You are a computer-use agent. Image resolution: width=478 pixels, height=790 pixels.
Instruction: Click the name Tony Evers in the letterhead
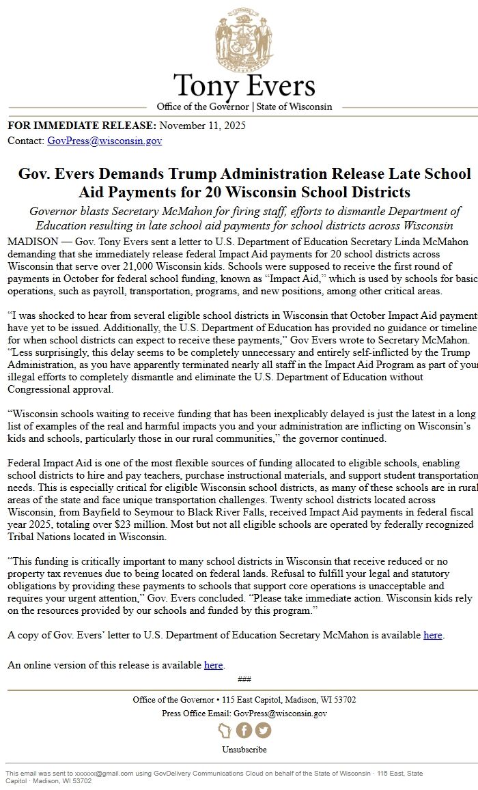(244, 87)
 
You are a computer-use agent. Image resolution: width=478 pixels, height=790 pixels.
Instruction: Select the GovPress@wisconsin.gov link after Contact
(104, 141)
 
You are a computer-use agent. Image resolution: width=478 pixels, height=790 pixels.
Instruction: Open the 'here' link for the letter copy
(433, 635)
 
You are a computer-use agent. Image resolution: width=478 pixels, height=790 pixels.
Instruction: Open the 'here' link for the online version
(213, 665)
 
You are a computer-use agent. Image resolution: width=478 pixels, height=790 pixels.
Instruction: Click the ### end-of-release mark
(244, 679)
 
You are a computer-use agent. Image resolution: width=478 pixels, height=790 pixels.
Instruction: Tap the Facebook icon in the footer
(244, 731)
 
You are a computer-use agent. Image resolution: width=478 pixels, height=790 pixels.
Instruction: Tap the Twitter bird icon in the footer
(263, 731)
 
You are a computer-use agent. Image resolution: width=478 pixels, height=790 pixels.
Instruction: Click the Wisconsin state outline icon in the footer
(225, 731)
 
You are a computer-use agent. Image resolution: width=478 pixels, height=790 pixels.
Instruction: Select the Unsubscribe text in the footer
(244, 750)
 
